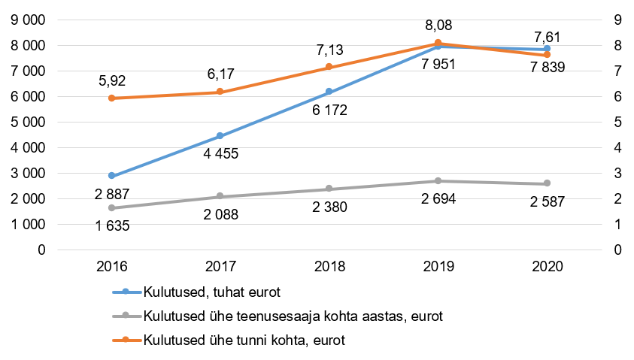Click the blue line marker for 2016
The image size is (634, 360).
tap(111, 176)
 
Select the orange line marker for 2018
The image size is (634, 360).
tap(329, 68)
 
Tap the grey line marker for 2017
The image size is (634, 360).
tap(220, 196)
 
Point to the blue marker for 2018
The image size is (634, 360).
tap(329, 92)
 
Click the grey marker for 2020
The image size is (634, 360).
tap(547, 183)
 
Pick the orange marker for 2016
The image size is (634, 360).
tap(111, 98)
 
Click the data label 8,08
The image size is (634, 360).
tap(438, 26)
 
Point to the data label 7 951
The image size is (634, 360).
tap(438, 64)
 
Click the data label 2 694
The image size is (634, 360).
tap(438, 199)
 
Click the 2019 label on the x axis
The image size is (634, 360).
tap(438, 267)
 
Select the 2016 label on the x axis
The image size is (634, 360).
tap(111, 267)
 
